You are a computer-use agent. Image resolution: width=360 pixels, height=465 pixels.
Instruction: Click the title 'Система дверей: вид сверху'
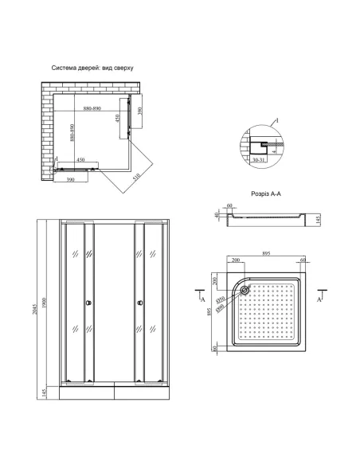[92, 68]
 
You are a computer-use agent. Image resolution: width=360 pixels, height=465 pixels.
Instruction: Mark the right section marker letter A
[319, 299]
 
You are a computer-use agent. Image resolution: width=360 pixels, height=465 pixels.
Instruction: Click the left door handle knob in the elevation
[88, 302]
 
